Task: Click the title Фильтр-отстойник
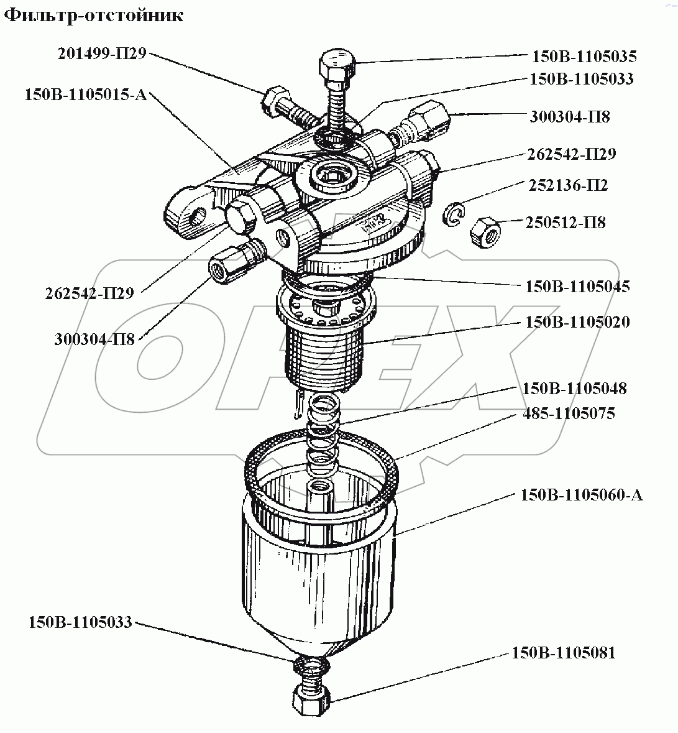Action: point(94,16)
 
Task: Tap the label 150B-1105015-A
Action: point(85,95)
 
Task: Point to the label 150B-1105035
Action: point(584,57)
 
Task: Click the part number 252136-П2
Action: point(568,185)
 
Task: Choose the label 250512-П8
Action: point(565,222)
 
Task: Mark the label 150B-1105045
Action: point(577,286)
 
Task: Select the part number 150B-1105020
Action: point(577,322)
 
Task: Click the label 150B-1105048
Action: point(574,389)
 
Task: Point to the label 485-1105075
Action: point(568,413)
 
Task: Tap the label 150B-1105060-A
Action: point(581,495)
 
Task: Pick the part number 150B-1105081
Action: point(564,653)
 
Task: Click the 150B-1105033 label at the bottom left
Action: point(80,622)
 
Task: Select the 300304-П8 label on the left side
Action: point(94,339)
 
